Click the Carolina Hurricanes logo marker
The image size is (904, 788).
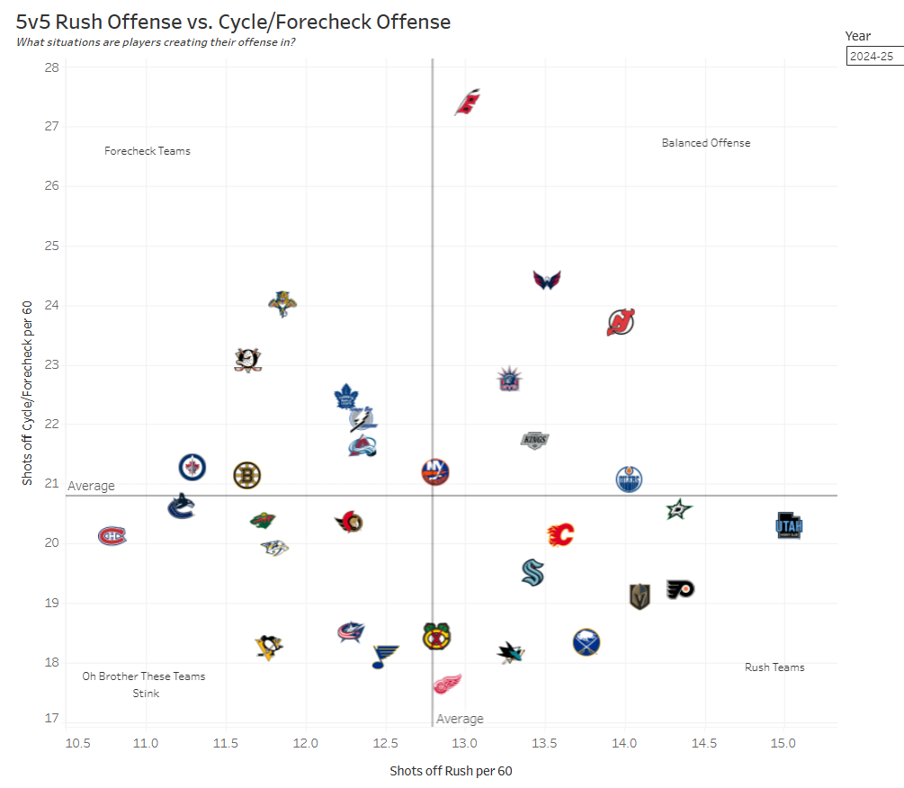(x=468, y=103)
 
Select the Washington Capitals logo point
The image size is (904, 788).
(x=547, y=280)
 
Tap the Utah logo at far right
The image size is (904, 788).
(x=789, y=525)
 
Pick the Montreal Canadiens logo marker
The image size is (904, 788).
(x=112, y=536)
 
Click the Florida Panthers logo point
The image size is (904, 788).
(x=282, y=303)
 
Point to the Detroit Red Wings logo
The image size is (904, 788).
(x=447, y=685)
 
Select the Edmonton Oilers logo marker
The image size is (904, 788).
(x=630, y=479)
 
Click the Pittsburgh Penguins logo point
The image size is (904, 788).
(x=268, y=646)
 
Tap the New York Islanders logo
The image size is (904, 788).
(x=435, y=471)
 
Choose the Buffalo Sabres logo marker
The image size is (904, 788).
(x=586, y=642)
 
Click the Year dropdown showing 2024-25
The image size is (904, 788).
(x=873, y=56)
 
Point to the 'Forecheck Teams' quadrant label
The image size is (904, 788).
(x=148, y=151)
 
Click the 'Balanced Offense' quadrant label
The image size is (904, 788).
(x=705, y=143)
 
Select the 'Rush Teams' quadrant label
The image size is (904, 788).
(x=774, y=667)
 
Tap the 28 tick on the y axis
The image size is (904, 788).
(x=51, y=67)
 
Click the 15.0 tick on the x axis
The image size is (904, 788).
(x=783, y=743)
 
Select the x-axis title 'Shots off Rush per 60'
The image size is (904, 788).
(x=451, y=771)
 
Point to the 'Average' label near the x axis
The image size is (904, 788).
(x=460, y=719)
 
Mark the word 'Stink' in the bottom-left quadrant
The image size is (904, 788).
(x=146, y=694)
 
